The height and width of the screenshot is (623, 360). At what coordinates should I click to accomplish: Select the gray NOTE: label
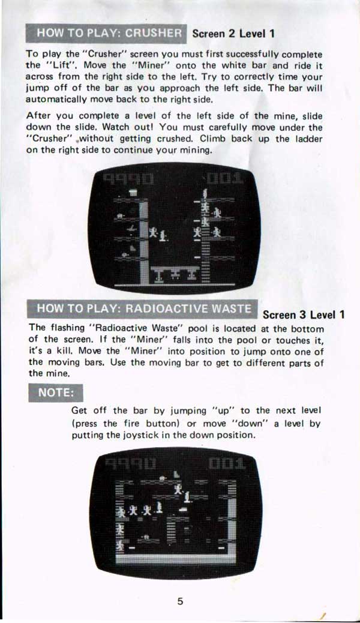point(56,393)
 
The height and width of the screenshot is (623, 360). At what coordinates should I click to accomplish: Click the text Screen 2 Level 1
point(233,34)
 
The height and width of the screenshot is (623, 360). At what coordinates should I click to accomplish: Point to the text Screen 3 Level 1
point(304,315)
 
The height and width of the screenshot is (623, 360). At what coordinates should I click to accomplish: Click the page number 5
point(180,601)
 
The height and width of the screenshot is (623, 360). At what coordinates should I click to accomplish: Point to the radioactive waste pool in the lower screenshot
point(175,558)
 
